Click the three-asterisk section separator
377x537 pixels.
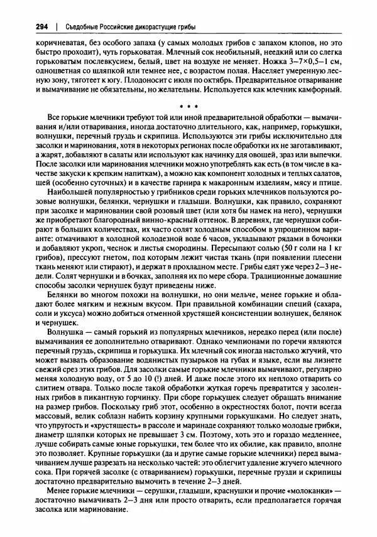pyautogui.click(x=188, y=105)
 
